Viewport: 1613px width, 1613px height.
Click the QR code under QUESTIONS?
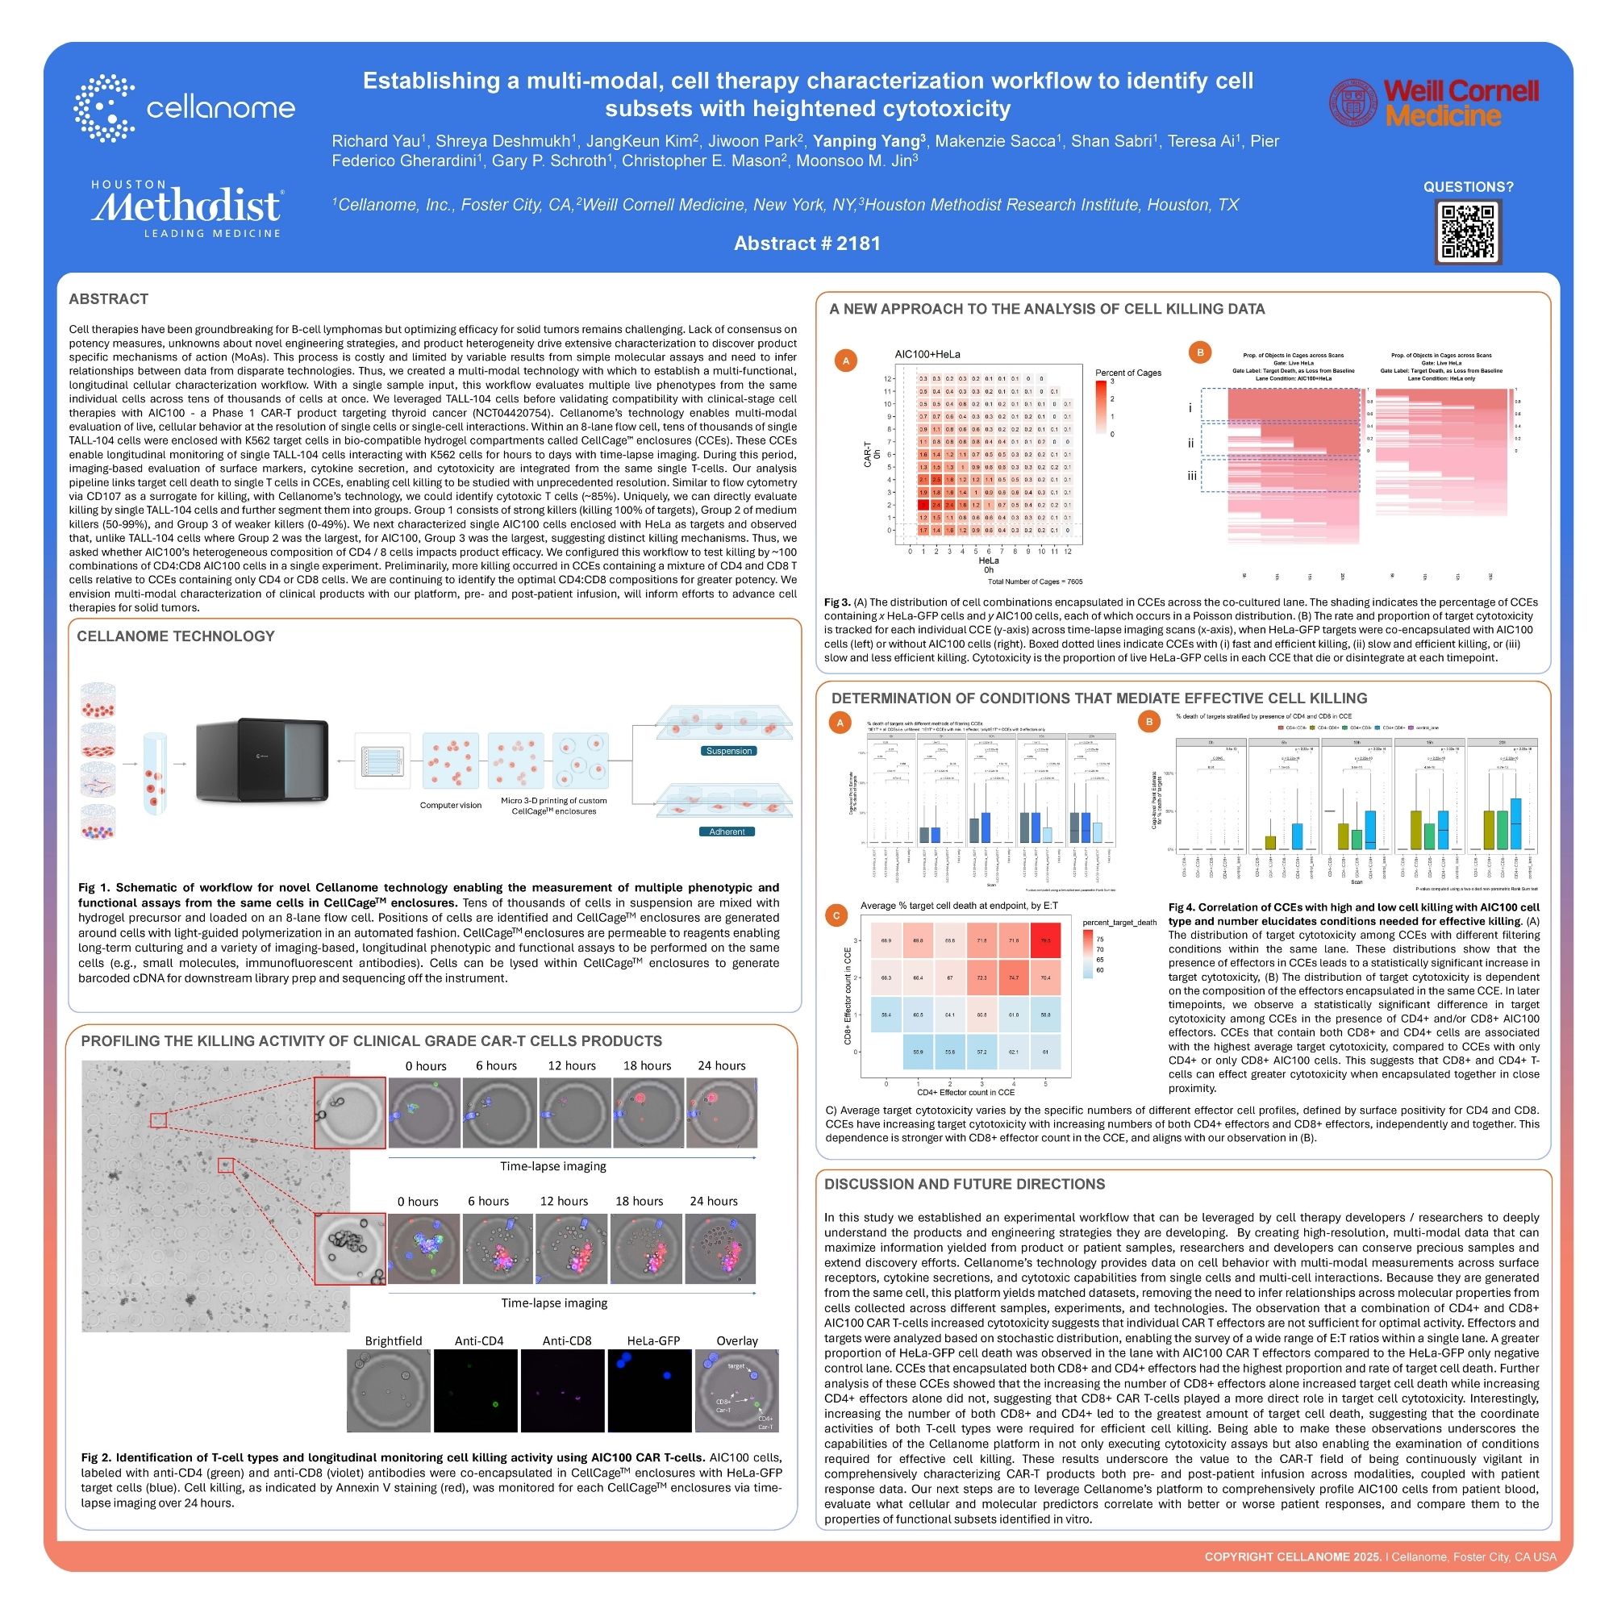coord(1468,232)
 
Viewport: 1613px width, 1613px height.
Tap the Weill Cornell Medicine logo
coord(1433,102)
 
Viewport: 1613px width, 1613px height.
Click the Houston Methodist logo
coord(186,208)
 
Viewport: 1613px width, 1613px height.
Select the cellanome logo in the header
coord(185,108)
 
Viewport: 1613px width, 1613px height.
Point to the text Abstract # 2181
coord(806,243)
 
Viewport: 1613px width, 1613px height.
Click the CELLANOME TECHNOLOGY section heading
coord(175,636)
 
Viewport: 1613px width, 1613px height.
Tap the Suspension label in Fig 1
coord(729,751)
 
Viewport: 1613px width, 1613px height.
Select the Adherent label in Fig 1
coord(727,832)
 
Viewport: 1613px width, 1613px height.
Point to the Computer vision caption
coord(451,805)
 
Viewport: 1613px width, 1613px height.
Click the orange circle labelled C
coord(836,916)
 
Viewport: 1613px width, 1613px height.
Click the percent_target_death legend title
coord(1119,922)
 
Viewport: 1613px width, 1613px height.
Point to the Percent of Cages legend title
coord(1128,373)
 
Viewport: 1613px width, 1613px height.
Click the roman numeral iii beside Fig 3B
coord(1192,475)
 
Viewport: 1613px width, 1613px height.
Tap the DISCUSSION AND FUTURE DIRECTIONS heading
coord(965,1184)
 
